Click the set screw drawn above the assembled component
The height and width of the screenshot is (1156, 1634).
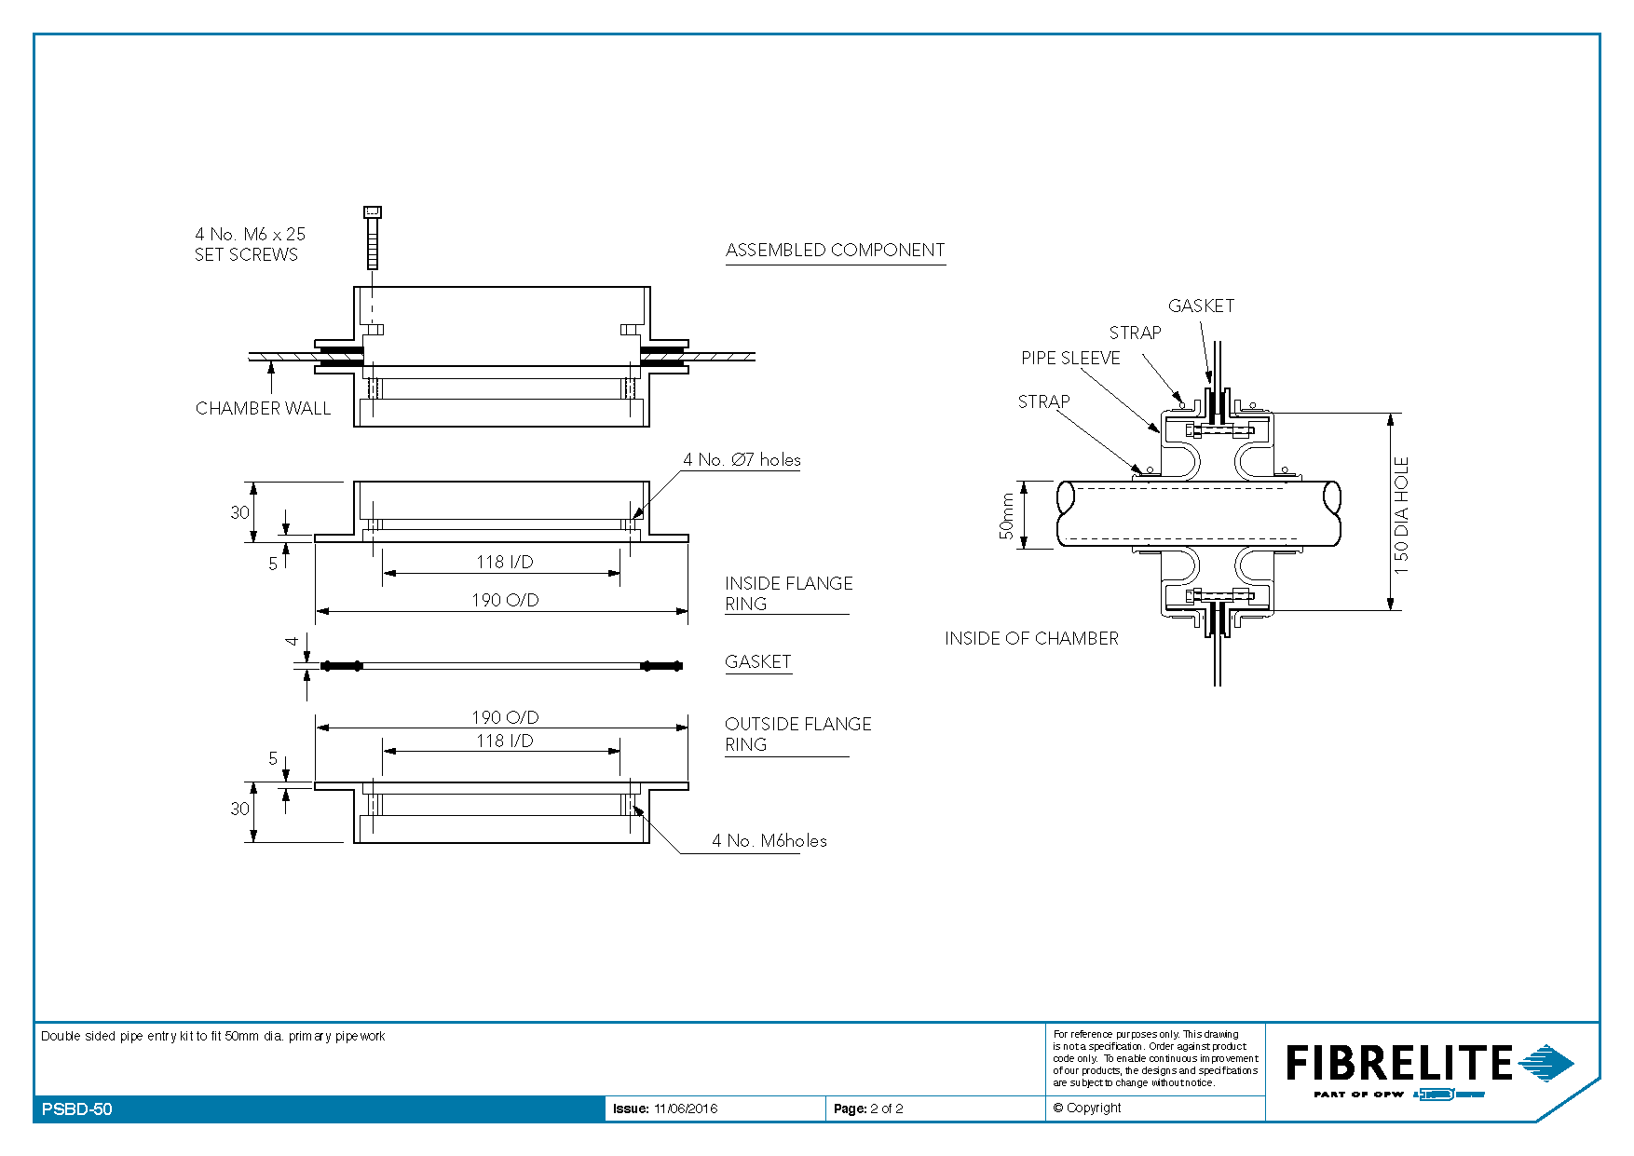[373, 238]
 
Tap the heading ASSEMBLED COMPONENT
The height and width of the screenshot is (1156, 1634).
[836, 251]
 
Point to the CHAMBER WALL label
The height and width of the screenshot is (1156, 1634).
[263, 408]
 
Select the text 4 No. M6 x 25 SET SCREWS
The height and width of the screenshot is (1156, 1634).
[250, 244]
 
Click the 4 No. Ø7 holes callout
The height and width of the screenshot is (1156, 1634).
[742, 459]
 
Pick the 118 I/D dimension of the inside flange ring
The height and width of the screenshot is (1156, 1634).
[505, 562]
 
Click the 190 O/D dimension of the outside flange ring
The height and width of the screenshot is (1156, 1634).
[505, 717]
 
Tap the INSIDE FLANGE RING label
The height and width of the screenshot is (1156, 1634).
[789, 593]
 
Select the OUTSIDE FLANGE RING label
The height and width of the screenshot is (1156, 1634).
[798, 734]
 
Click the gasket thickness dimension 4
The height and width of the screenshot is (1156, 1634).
[293, 641]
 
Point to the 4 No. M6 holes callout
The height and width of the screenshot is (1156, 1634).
[769, 840]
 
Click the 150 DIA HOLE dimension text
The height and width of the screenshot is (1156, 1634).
[1402, 515]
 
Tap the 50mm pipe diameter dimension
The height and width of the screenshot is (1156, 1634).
[1006, 516]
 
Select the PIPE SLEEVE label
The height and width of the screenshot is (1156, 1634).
[1070, 358]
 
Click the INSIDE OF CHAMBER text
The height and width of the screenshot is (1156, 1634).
[1031, 638]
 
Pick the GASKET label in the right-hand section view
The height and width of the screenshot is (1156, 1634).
[1201, 306]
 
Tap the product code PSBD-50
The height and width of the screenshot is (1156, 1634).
[77, 1108]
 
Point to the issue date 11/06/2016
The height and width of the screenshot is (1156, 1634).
[686, 1108]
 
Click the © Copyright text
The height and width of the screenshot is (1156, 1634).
[1086, 1108]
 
